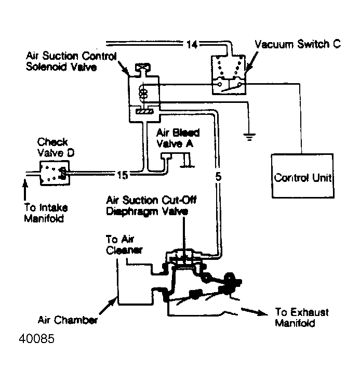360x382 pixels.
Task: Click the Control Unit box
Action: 303,177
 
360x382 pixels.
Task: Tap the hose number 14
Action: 191,45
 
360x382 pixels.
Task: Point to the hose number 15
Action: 122,175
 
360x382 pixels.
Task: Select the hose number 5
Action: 218,176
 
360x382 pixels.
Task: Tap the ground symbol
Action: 249,137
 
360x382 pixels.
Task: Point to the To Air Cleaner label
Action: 124,244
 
